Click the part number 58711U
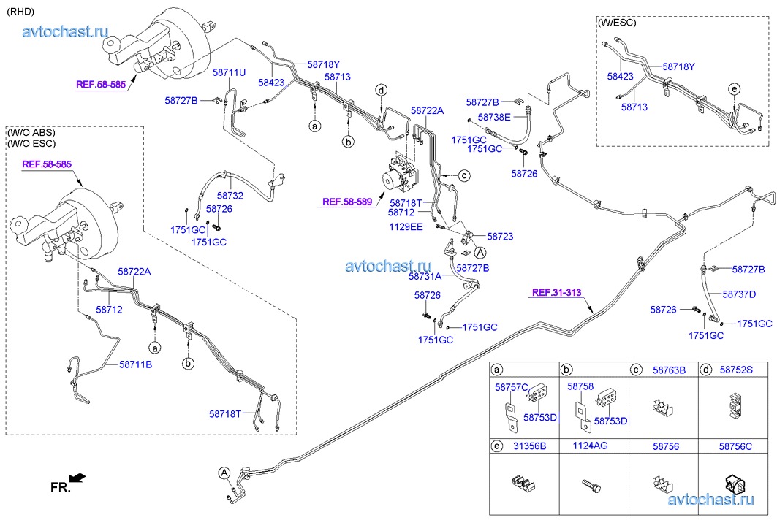[229, 73]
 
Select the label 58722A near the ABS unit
[427, 111]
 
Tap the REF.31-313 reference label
[556, 293]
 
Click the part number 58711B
[135, 364]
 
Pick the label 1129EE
[406, 226]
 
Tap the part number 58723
[500, 237]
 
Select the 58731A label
[425, 276]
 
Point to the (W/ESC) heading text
[617, 23]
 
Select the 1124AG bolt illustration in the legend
[591, 484]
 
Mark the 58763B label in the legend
[668, 370]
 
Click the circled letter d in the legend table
[707, 370]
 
